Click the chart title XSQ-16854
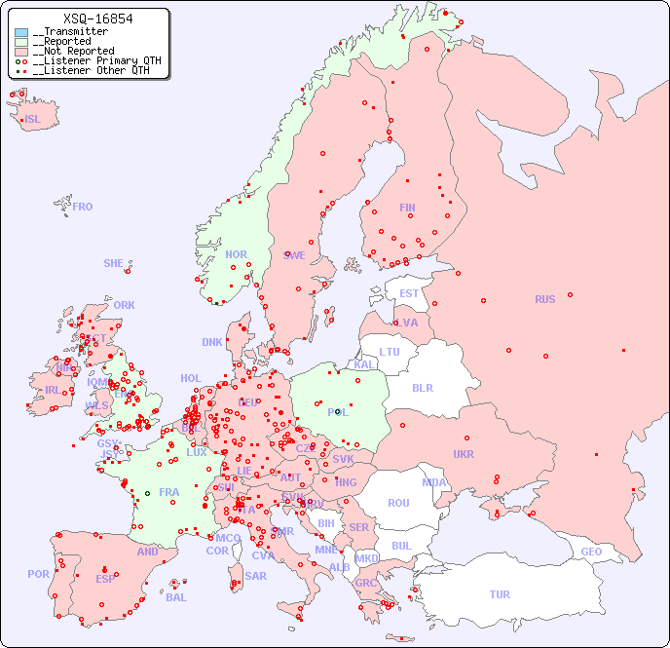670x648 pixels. [97, 19]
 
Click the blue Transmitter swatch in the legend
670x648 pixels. [21, 32]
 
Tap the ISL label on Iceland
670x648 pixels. [33, 120]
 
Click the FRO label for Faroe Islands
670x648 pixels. [83, 207]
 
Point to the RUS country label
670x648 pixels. [544, 299]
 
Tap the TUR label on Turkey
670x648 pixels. [500, 594]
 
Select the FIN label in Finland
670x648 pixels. [407, 208]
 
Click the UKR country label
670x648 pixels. [464, 454]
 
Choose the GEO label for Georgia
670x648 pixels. [591, 552]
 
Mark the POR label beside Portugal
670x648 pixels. [38, 574]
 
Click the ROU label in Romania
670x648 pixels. [398, 503]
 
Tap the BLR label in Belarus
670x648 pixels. [423, 387]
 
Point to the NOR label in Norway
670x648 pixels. [236, 254]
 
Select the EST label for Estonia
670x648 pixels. [409, 293]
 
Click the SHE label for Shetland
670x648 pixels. [114, 263]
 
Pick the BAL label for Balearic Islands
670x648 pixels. [176, 597]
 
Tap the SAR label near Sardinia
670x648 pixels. [256, 576]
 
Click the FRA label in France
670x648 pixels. [169, 492]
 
